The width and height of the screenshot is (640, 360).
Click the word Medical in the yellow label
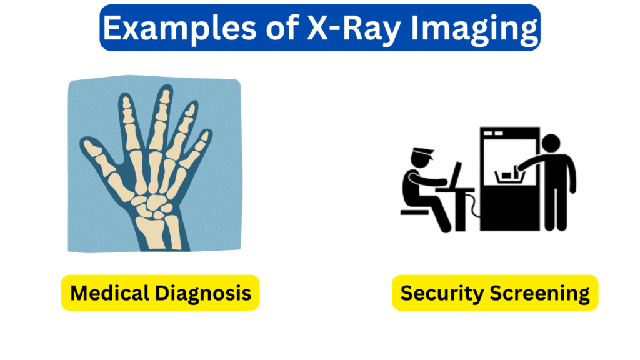(107, 292)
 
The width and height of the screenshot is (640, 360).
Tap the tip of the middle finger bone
(166, 96)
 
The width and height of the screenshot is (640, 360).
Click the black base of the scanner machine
(509, 210)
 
